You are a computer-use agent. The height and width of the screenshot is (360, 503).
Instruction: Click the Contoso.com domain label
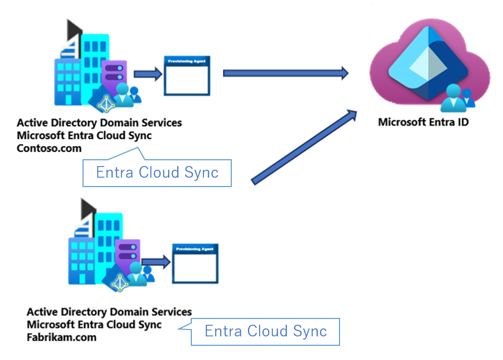[49, 149]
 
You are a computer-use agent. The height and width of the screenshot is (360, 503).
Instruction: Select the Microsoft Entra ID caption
[423, 122]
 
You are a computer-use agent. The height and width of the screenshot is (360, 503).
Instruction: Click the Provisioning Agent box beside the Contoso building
[187, 76]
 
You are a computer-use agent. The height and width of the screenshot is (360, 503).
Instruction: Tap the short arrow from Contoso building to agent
[148, 74]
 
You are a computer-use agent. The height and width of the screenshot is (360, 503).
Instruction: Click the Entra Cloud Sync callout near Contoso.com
[157, 173]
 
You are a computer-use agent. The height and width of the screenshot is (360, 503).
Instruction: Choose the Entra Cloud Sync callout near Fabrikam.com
[265, 332]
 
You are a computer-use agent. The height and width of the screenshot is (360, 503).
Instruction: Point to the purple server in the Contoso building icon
[115, 74]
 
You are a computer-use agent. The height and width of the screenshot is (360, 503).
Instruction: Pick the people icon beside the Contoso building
[128, 95]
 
